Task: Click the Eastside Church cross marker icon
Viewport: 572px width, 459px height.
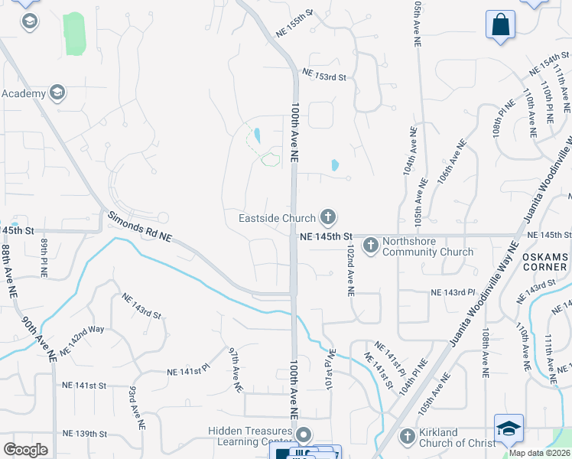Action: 327,218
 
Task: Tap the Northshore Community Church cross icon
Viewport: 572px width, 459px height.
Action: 370,245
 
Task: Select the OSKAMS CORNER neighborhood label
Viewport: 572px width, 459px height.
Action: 544,262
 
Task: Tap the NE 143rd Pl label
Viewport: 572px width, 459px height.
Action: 453,292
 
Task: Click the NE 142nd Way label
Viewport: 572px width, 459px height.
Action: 82,339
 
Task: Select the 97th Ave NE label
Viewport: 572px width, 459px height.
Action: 236,369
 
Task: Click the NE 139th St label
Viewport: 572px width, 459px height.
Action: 85,434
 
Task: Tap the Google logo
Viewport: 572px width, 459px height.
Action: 25,449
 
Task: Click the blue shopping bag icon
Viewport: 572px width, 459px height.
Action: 500,24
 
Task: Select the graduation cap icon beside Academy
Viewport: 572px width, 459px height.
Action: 56,93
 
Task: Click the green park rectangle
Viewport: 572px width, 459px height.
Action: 74,34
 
